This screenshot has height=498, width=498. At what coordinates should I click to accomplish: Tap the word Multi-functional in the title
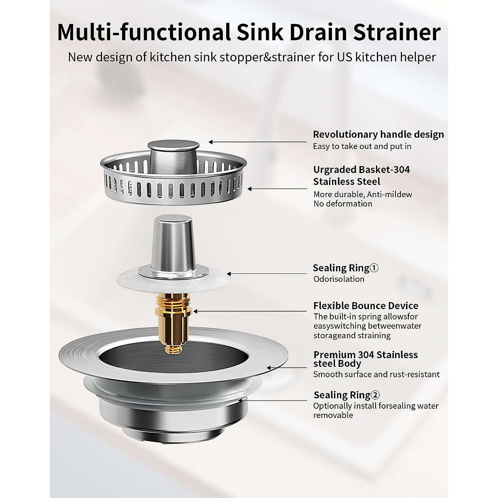click(144, 33)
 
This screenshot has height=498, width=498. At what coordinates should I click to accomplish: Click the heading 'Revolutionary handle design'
click(378, 134)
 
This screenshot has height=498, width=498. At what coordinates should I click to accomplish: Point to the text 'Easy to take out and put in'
click(362, 146)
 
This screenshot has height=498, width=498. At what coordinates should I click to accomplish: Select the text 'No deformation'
click(343, 204)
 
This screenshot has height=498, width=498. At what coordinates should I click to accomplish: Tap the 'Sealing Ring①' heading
click(345, 268)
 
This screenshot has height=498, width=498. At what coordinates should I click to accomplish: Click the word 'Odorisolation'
click(339, 279)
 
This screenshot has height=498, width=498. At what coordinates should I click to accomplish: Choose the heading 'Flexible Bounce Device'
click(366, 306)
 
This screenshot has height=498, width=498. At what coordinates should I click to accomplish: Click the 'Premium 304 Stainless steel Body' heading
click(365, 359)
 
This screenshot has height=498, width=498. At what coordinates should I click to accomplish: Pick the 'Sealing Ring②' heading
click(346, 395)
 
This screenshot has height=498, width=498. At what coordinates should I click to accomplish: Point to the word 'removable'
click(333, 415)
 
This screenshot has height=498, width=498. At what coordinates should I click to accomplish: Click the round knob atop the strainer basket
click(173, 147)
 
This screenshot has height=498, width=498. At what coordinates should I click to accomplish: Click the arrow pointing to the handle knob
click(257, 142)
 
